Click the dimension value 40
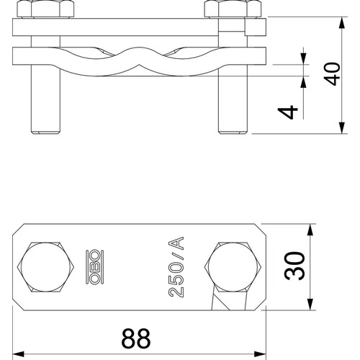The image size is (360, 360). [332, 74]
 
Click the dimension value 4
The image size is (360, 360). [288, 112]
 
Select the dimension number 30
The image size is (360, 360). [294, 266]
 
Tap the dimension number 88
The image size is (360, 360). [136, 338]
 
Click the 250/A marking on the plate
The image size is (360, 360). [176, 267]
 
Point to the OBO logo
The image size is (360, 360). [94, 267]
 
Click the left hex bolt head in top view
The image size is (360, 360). [45, 267]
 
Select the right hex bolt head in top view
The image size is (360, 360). [233, 267]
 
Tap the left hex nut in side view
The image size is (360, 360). [45, 9]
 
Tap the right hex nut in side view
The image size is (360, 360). [233, 9]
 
